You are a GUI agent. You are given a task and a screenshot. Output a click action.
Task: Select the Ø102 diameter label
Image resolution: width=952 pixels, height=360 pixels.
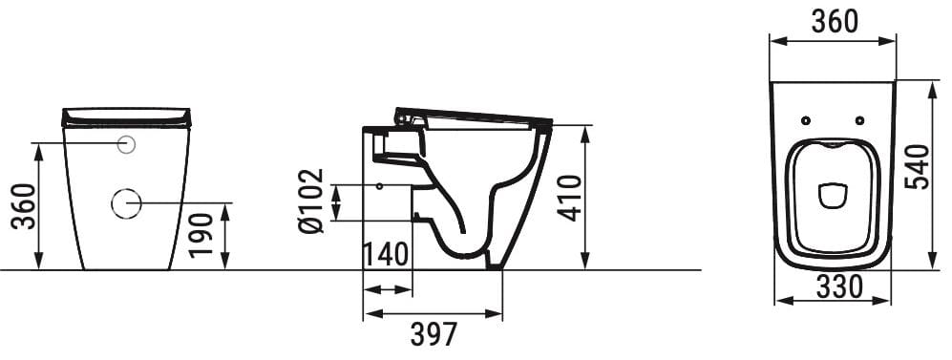(311, 201)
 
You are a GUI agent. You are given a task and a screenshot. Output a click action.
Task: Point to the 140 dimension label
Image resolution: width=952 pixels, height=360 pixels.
(386, 255)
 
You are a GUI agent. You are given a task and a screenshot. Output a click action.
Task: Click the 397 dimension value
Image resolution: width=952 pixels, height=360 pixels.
(432, 334)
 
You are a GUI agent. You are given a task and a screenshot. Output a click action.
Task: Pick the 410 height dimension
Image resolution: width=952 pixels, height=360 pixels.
(569, 198)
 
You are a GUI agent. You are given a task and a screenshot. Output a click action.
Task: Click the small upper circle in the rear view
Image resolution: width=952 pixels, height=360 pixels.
(126, 143)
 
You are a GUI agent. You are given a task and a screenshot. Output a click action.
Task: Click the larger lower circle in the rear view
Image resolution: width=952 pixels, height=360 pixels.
(126, 202)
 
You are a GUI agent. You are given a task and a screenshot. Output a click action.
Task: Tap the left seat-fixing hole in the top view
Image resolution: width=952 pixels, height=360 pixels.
(805, 120)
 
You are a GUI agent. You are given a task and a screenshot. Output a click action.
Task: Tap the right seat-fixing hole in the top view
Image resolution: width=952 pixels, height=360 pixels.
(859, 120)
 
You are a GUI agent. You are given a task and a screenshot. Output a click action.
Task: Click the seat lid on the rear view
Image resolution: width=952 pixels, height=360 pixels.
(126, 116)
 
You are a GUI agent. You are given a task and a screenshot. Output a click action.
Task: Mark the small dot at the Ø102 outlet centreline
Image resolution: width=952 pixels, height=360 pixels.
(380, 184)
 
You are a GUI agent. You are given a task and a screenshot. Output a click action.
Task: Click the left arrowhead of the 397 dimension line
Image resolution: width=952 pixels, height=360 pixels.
(369, 313)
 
